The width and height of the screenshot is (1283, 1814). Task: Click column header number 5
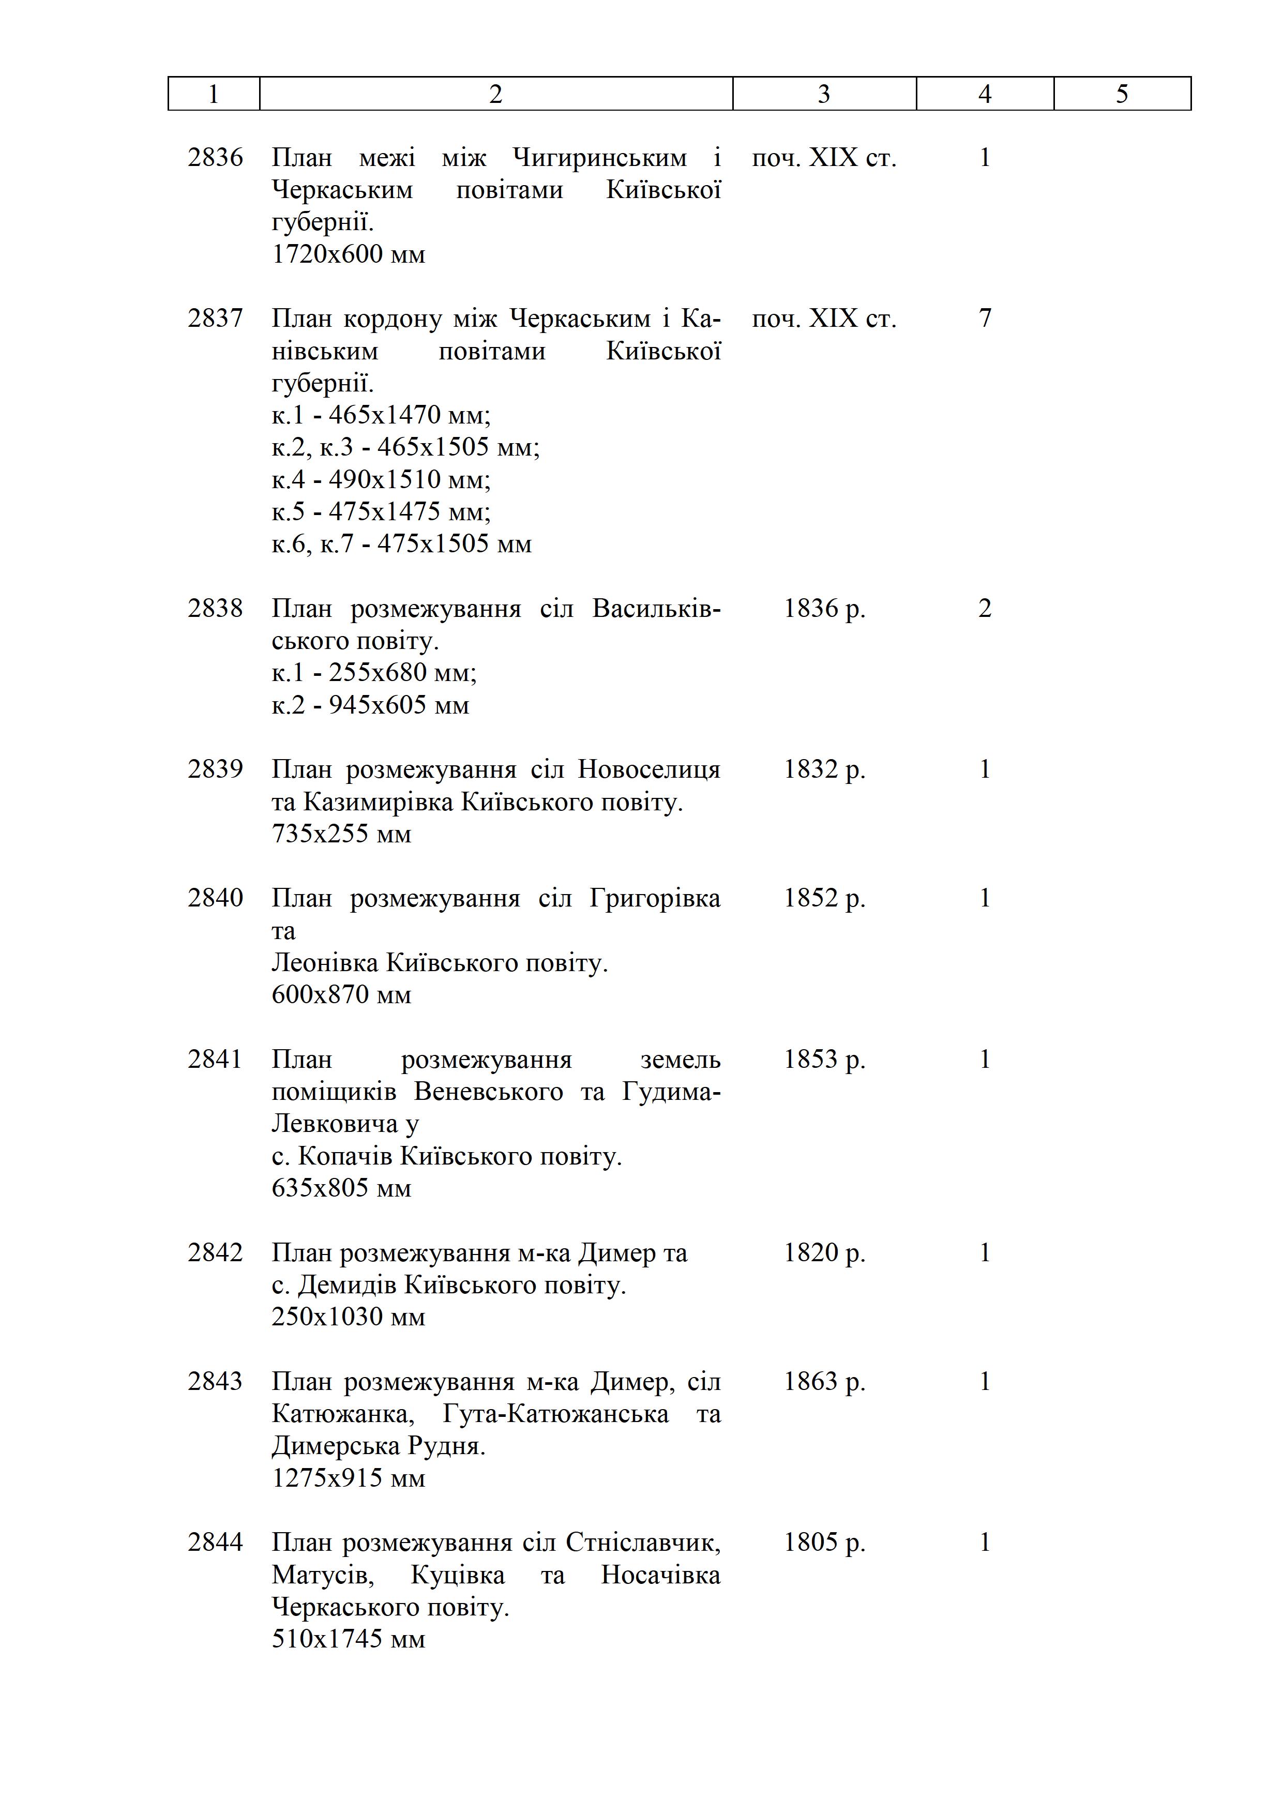[x=1122, y=94]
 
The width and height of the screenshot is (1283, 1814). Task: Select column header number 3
[x=824, y=94]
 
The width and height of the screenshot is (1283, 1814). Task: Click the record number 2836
[x=215, y=158]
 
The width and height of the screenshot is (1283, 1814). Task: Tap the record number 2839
[x=215, y=769]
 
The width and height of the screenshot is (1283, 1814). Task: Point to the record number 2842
[x=215, y=1253]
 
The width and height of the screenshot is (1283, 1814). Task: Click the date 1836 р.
[x=824, y=608]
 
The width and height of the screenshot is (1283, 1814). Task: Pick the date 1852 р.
[x=824, y=898]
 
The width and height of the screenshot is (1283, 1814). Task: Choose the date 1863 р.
[x=824, y=1382]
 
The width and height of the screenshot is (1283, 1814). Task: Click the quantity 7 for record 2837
[x=985, y=319]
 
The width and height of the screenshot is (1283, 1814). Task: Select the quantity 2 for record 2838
[x=985, y=608]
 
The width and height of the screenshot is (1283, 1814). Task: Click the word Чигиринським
[x=600, y=158]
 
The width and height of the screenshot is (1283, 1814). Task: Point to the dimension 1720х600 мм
[x=349, y=254]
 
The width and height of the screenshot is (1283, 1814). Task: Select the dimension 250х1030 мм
[x=349, y=1317]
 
